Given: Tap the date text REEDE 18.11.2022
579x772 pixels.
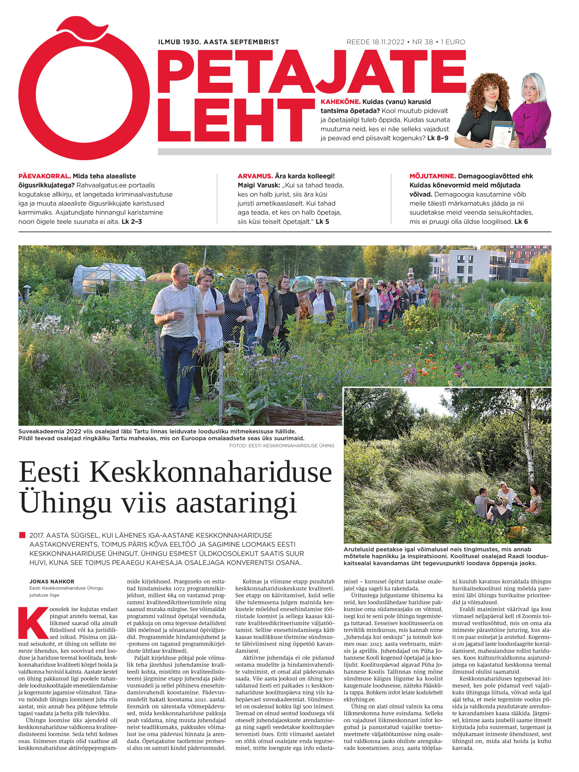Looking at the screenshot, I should pyautogui.click(x=375, y=42).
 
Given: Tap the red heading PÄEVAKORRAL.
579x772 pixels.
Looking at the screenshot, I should pyautogui.click(x=44, y=176).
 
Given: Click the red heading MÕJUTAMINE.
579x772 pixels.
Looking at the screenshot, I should pyautogui.click(x=432, y=176).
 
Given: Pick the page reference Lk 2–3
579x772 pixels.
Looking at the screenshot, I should pyautogui.click(x=131, y=221).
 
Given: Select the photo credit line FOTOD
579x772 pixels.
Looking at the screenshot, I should pyautogui.click(x=281, y=446).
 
